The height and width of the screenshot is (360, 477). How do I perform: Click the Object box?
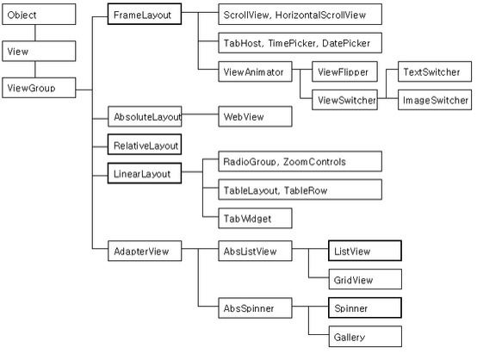point(39,15)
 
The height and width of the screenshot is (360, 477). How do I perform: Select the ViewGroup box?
point(39,88)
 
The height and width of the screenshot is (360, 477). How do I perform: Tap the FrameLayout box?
point(145,14)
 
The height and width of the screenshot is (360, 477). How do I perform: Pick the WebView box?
point(255,116)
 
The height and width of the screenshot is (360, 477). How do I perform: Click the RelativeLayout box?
point(145,145)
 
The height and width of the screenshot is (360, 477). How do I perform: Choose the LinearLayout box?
point(145,173)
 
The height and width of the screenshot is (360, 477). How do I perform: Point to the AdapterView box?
point(145,251)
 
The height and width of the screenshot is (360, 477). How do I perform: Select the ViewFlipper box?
point(345,71)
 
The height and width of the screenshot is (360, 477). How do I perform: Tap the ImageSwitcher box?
point(435,100)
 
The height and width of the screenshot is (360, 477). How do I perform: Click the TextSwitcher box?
point(435,71)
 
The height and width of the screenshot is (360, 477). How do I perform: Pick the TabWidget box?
point(255,218)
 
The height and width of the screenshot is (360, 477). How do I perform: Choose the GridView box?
point(365,279)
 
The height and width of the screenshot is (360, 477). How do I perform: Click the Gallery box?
point(365,336)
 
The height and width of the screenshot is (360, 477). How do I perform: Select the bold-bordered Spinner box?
point(365,307)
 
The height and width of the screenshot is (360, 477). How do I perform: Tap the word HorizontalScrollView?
point(320,15)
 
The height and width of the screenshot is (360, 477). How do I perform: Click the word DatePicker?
point(346,43)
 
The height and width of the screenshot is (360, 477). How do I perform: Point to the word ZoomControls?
point(314,162)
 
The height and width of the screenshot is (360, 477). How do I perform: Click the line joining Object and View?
point(35,33)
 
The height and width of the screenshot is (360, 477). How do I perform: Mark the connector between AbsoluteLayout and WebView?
point(200,115)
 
